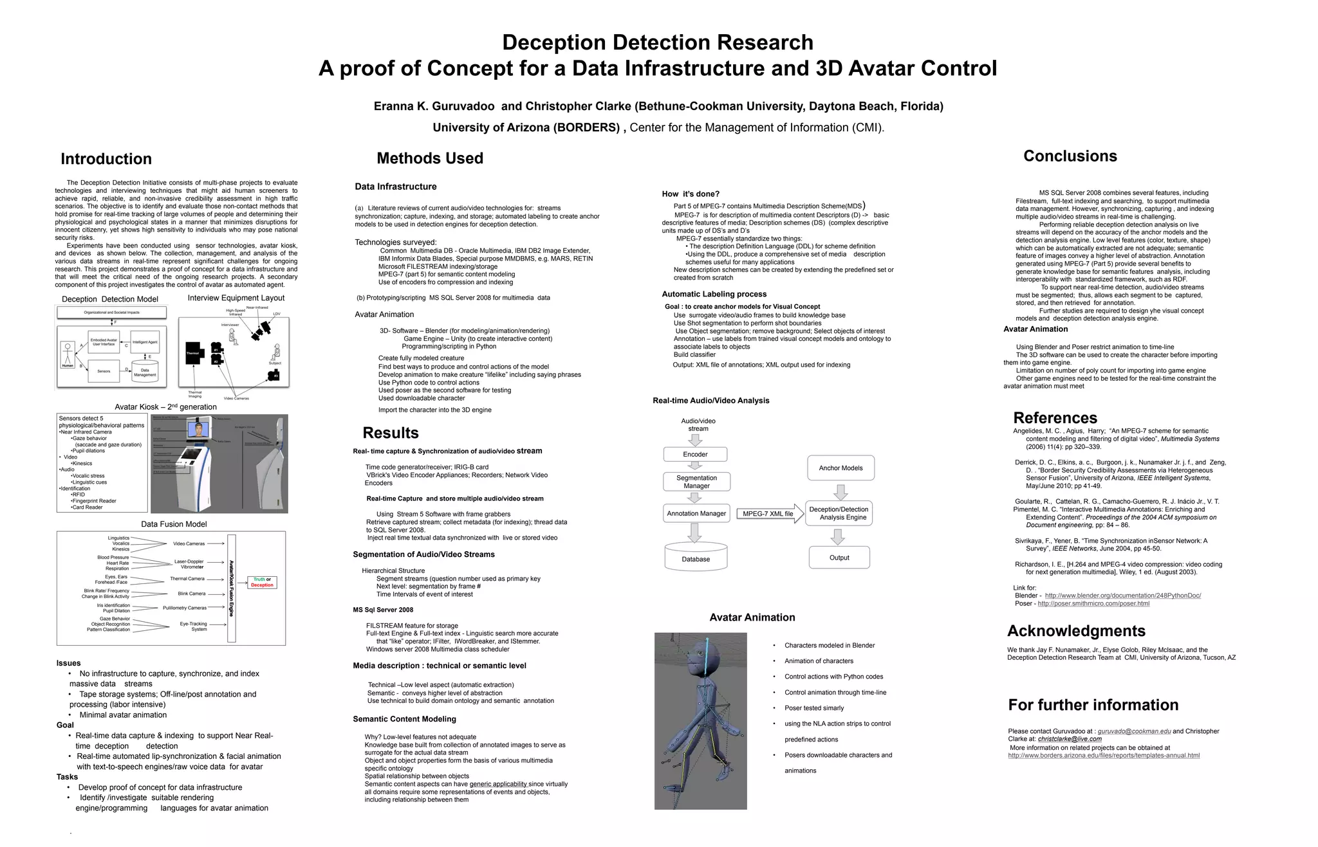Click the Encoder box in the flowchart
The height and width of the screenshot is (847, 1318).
(695, 454)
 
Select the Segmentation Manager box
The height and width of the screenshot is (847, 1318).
(696, 482)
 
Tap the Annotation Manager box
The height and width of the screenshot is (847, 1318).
(696, 513)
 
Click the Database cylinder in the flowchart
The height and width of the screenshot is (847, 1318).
(696, 557)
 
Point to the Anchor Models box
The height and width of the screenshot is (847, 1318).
(840, 468)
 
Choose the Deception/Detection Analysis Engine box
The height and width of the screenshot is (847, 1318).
(839, 513)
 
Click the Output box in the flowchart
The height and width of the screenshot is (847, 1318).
(839, 558)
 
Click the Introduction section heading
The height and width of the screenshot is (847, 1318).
(106, 159)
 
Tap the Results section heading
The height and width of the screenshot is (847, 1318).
(391, 433)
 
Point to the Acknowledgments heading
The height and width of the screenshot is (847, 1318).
(1076, 631)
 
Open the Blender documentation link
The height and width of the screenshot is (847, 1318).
(1122, 596)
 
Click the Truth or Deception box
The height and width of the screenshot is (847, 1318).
(262, 582)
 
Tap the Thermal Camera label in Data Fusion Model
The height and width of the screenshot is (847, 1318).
(187, 579)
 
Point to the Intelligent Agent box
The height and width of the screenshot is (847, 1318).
(145, 342)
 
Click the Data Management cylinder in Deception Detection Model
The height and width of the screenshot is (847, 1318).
(145, 372)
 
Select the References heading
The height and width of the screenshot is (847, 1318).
(1055, 418)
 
